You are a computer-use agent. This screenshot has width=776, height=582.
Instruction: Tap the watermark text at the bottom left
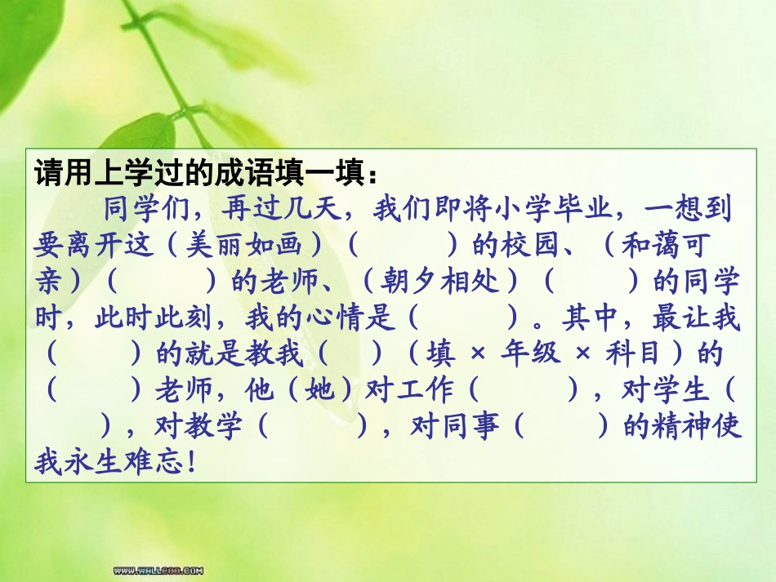click(158, 570)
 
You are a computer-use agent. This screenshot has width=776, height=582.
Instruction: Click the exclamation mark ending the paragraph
click(192, 462)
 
